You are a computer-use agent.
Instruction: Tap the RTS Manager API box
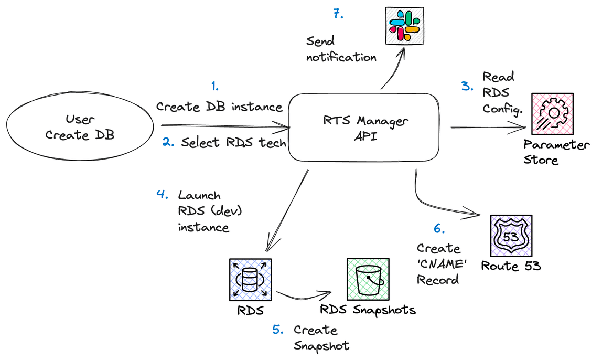click(x=365, y=128)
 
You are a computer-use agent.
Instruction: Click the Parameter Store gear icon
click(x=552, y=115)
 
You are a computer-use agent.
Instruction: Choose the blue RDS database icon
click(x=251, y=279)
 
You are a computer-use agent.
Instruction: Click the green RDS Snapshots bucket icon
click(x=368, y=279)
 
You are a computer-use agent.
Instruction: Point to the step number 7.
click(x=338, y=14)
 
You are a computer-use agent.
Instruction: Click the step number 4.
click(x=162, y=194)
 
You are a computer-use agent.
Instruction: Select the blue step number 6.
click(x=439, y=229)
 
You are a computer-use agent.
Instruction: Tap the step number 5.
click(x=278, y=330)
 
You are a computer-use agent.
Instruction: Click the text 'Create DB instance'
click(x=219, y=107)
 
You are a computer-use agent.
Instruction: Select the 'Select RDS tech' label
click(x=233, y=143)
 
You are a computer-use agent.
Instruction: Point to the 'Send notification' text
click(x=341, y=49)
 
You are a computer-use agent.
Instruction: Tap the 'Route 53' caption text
click(x=511, y=266)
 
